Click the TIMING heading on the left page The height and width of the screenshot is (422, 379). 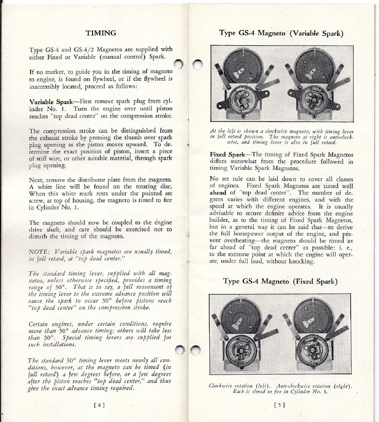pos(100,33)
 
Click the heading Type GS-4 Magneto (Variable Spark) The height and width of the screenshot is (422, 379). pos(282,33)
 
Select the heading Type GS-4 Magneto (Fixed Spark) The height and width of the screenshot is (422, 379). pos(280,281)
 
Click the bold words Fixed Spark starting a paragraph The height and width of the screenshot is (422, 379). pos(228,155)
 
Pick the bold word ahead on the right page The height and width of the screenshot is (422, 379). pos(219,193)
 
